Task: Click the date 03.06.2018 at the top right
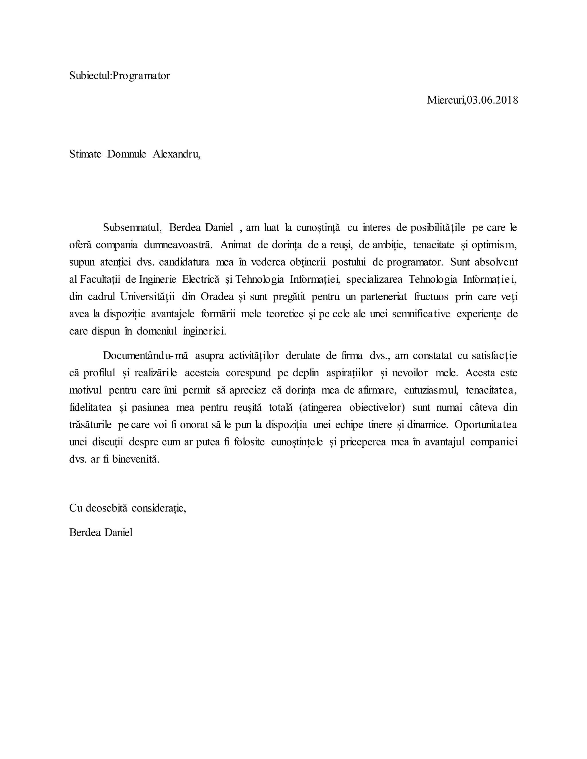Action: [x=492, y=100]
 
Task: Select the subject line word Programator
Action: [x=141, y=76]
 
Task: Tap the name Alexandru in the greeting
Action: [x=176, y=154]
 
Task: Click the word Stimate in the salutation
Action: [x=85, y=154]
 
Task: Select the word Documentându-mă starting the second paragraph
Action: [x=145, y=355]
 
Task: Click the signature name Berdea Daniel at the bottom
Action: [x=101, y=532]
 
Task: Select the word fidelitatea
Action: [x=90, y=407]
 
